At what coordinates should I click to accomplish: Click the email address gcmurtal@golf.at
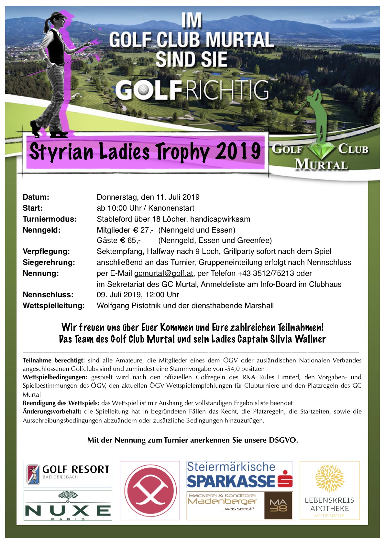pyautogui.click(x=164, y=274)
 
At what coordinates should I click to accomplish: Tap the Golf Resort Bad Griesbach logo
pyautogui.click(x=68, y=474)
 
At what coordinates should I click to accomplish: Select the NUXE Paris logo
pyautogui.click(x=68, y=506)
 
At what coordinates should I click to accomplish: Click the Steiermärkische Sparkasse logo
pyautogui.click(x=240, y=474)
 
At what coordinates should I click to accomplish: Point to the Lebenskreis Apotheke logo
pyautogui.click(x=329, y=490)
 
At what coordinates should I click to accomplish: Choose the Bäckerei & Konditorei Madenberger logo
pyautogui.click(x=240, y=506)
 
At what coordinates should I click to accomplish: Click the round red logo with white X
pyautogui.click(x=150, y=490)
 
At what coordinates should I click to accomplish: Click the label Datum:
pyautogui.click(x=36, y=197)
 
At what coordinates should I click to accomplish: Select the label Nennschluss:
pyautogui.click(x=48, y=295)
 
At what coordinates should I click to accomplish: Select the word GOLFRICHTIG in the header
pyautogui.click(x=192, y=90)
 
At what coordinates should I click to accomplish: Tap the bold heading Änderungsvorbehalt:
pyautogui.click(x=52, y=412)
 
